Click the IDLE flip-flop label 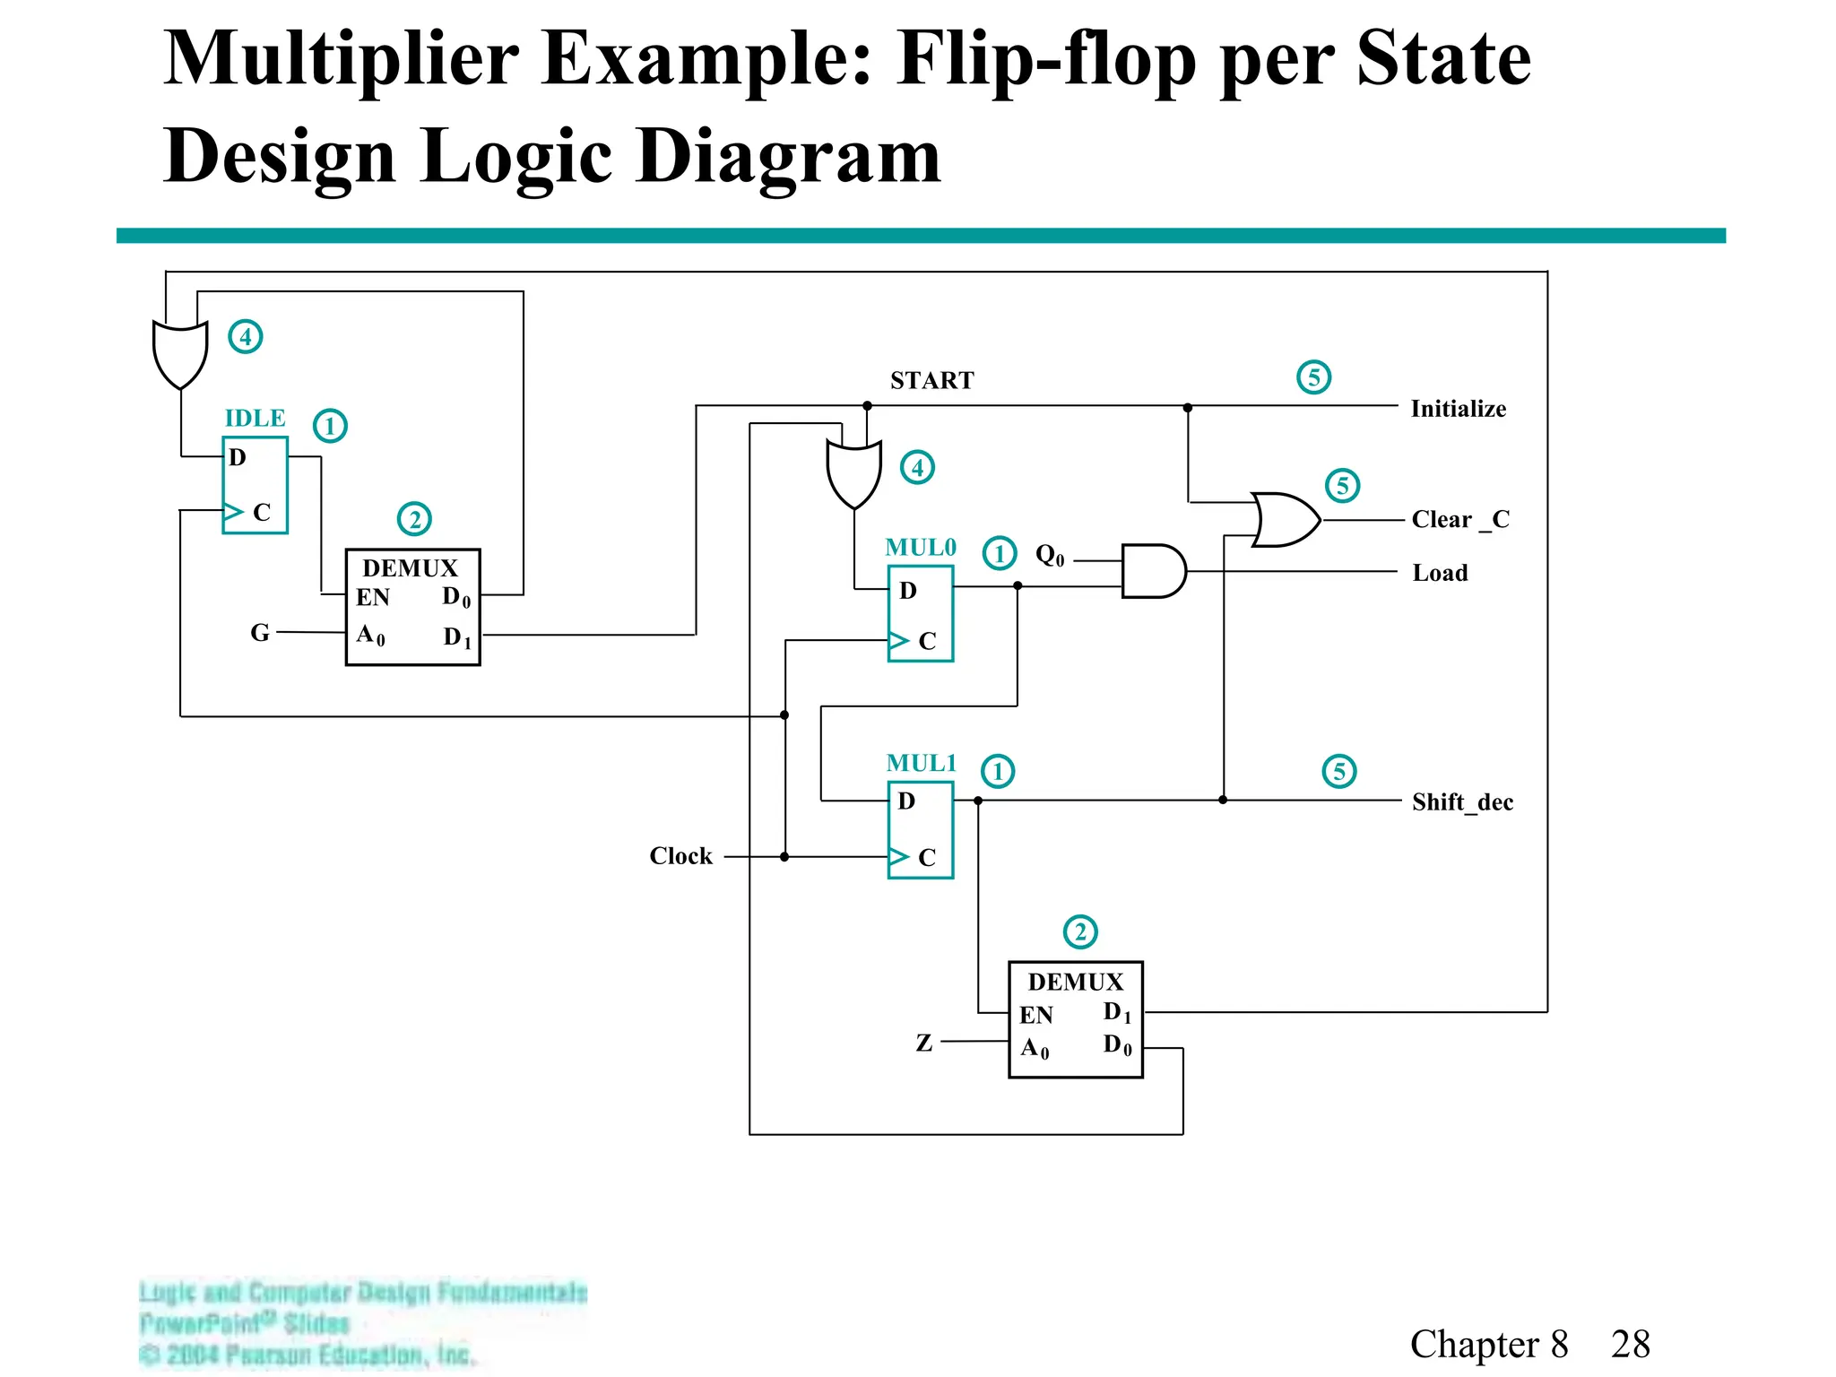pyautogui.click(x=255, y=419)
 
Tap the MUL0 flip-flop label pyautogui.click(x=920, y=548)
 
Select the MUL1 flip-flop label pyautogui.click(x=921, y=763)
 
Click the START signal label pyautogui.click(x=931, y=381)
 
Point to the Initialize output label pyautogui.click(x=1458, y=409)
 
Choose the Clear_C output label pyautogui.click(x=1459, y=520)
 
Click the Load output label pyautogui.click(x=1440, y=574)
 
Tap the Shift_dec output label pyautogui.click(x=1462, y=802)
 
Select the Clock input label pyautogui.click(x=680, y=856)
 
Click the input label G pyautogui.click(x=260, y=633)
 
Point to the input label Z pyautogui.click(x=924, y=1043)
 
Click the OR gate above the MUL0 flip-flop pyautogui.click(x=853, y=473)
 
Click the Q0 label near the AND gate pyautogui.click(x=1050, y=556)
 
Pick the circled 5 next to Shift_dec pyautogui.click(x=1339, y=772)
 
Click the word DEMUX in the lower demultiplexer pyautogui.click(x=1075, y=983)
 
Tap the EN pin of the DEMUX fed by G pyautogui.click(x=373, y=598)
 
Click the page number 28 pyautogui.click(x=1630, y=1345)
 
